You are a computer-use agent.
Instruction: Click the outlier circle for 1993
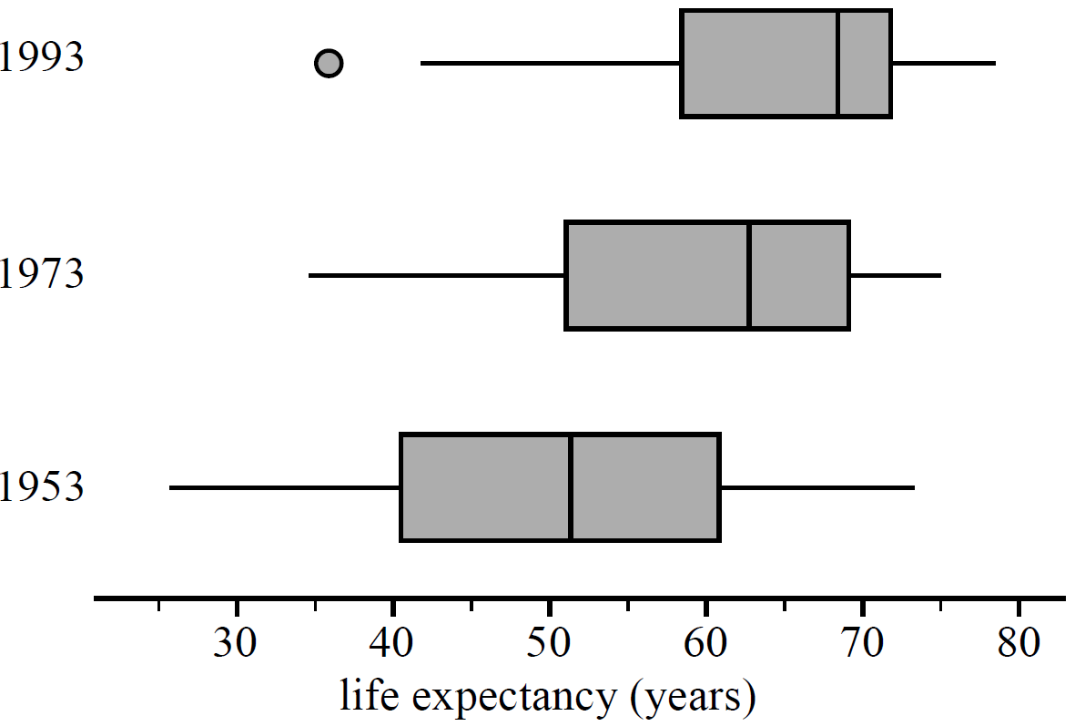click(x=329, y=64)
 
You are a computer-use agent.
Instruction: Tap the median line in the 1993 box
click(x=837, y=64)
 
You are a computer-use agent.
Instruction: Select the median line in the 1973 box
click(x=748, y=275)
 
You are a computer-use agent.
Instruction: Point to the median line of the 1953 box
click(x=570, y=487)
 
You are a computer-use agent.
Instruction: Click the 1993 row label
click(x=41, y=59)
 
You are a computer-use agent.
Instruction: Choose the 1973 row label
click(x=41, y=272)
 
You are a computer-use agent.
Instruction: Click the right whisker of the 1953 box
click(x=816, y=488)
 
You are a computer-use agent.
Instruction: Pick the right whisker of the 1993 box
click(x=943, y=64)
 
